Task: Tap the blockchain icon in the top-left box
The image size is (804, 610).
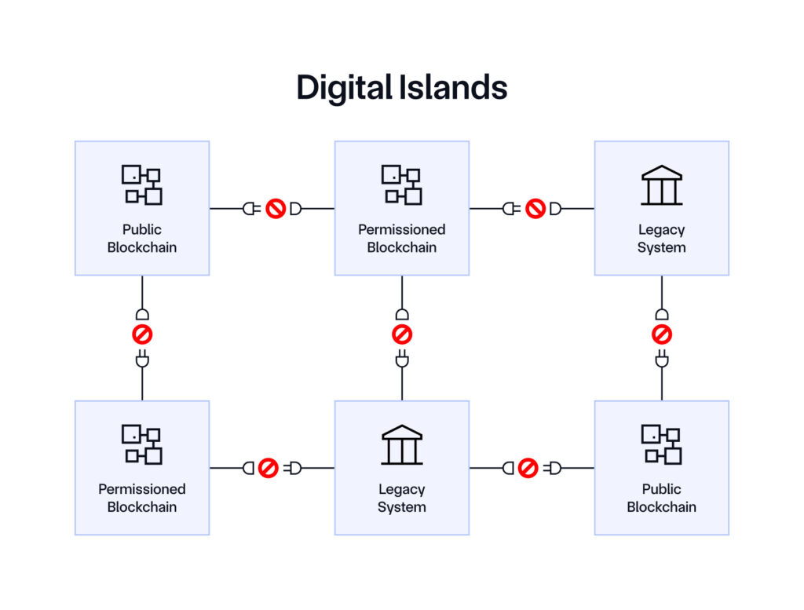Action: pyautogui.click(x=142, y=184)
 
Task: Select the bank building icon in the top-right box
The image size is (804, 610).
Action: pyautogui.click(x=661, y=184)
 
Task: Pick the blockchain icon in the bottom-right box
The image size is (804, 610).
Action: pyautogui.click(x=661, y=444)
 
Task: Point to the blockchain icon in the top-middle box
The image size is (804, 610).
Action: pyautogui.click(x=401, y=184)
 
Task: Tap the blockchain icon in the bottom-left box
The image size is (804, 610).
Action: pyautogui.click(x=142, y=444)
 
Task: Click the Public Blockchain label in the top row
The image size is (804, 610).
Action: pyautogui.click(x=142, y=239)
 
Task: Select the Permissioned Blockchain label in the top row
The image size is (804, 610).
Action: pyautogui.click(x=401, y=239)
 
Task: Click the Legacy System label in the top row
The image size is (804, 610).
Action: pyautogui.click(x=661, y=239)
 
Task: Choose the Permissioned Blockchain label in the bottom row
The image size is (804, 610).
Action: pyautogui.click(x=142, y=498)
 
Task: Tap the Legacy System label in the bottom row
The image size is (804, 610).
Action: pyautogui.click(x=401, y=498)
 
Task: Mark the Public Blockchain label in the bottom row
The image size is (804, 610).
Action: pyautogui.click(x=661, y=498)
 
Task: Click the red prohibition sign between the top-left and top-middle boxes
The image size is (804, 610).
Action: pyautogui.click(x=275, y=209)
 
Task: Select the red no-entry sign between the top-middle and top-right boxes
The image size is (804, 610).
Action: pyautogui.click(x=535, y=209)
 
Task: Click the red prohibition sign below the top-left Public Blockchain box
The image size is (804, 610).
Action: pyautogui.click(x=142, y=335)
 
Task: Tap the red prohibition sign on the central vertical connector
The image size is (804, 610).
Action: pyautogui.click(x=401, y=335)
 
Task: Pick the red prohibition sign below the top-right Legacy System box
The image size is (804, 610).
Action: pyautogui.click(x=661, y=335)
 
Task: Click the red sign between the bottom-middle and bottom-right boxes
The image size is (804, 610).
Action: pyautogui.click(x=528, y=469)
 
